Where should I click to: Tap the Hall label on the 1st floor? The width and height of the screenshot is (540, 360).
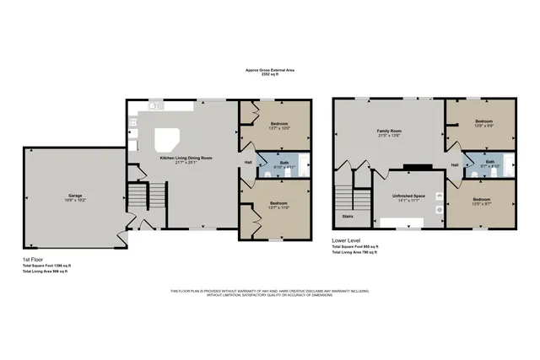(248, 163)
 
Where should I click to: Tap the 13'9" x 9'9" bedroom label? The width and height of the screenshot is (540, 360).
(483, 123)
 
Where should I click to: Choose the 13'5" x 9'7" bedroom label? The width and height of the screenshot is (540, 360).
(483, 201)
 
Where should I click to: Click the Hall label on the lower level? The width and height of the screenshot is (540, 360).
(455, 164)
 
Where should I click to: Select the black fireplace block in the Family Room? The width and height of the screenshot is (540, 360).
(411, 167)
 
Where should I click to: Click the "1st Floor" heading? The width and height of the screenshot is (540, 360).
(35, 260)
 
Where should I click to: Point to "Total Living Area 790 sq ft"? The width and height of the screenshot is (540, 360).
(354, 253)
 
